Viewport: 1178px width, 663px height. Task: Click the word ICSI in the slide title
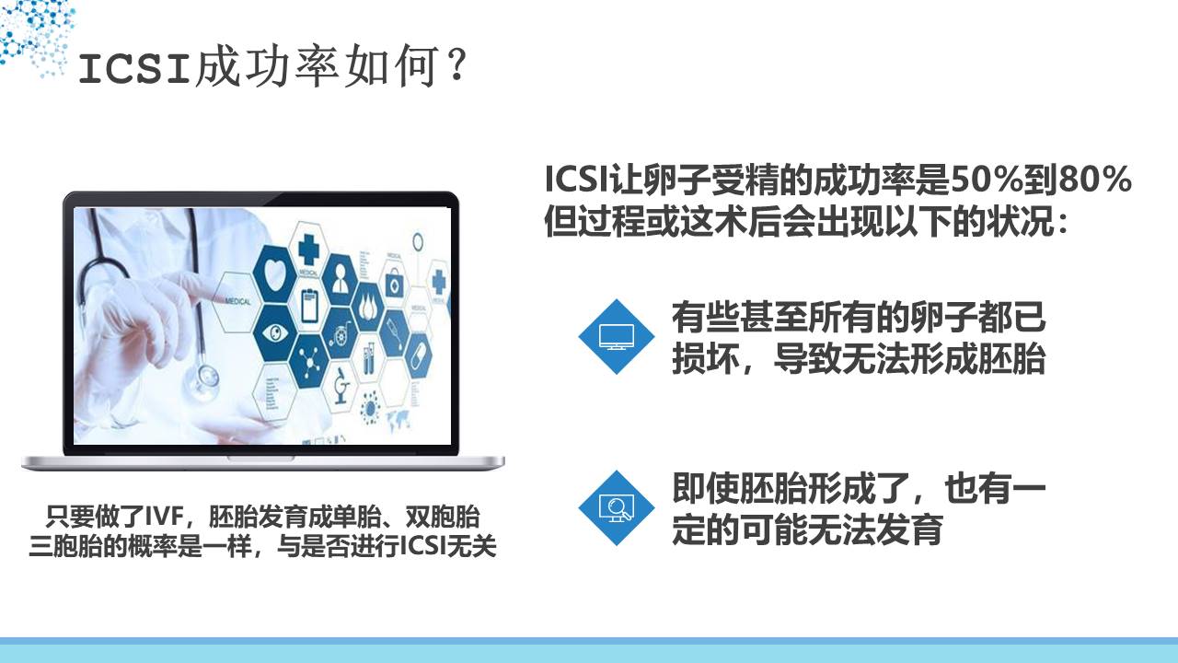coord(134,69)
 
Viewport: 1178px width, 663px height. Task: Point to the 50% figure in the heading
coord(987,180)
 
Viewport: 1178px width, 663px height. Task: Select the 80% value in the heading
coord(1095,180)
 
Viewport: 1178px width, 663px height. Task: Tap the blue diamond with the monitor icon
coord(617,337)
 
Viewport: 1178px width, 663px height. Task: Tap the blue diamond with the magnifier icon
coord(617,507)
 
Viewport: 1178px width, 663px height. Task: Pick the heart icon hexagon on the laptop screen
coord(275,273)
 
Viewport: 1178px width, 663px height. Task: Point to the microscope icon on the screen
coord(341,386)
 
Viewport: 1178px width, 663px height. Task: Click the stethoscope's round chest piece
coord(206,378)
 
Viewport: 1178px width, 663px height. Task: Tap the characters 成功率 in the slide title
coord(267,66)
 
